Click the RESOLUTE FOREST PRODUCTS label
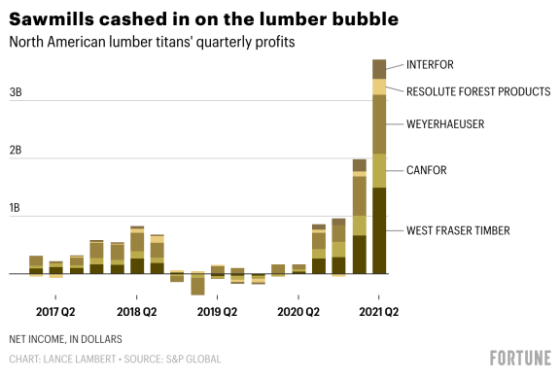(x=478, y=91)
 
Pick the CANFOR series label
(x=426, y=171)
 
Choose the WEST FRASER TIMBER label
(x=458, y=230)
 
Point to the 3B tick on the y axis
(x=16, y=93)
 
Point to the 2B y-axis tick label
(x=16, y=152)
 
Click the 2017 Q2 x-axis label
(x=55, y=312)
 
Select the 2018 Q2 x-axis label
(x=136, y=312)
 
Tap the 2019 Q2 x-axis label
(x=217, y=312)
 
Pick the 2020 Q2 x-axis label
(x=297, y=312)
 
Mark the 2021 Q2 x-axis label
(x=378, y=312)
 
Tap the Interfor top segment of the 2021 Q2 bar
(x=379, y=69)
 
